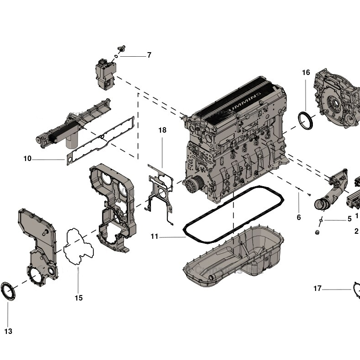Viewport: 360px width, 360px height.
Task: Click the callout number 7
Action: (149, 55)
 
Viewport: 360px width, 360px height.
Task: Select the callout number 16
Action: (306, 72)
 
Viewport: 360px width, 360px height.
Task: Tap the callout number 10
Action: (27, 159)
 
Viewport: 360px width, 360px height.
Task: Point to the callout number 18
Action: (162, 130)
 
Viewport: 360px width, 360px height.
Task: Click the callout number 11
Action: (154, 236)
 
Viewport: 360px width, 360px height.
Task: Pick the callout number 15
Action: (79, 298)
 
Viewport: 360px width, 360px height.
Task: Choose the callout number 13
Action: (8, 331)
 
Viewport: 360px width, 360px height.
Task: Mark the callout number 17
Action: (317, 288)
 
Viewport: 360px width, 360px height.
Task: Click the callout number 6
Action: (299, 217)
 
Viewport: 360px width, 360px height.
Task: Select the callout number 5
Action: (349, 219)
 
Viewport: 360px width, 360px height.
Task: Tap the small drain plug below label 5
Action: (315, 234)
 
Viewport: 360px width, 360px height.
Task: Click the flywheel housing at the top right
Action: (336, 98)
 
